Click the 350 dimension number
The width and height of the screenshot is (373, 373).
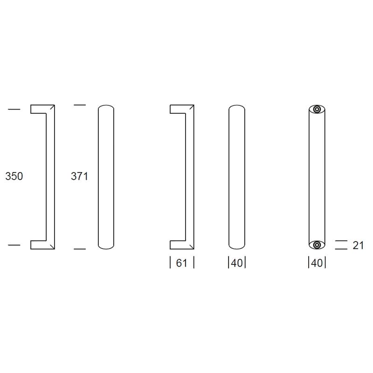click(x=14, y=176)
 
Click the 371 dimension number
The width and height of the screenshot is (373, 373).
click(x=79, y=176)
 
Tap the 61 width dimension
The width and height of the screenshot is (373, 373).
click(x=182, y=263)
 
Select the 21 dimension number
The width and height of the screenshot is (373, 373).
click(x=358, y=245)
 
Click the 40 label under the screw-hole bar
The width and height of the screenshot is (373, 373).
click(x=317, y=263)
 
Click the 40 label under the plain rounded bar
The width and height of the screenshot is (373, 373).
click(x=237, y=263)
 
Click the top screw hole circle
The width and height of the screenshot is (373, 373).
click(x=317, y=110)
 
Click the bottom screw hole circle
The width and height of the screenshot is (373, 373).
click(x=317, y=245)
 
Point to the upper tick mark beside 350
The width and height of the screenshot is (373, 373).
click(x=14, y=109)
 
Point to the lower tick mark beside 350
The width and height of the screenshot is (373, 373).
click(x=14, y=245)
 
